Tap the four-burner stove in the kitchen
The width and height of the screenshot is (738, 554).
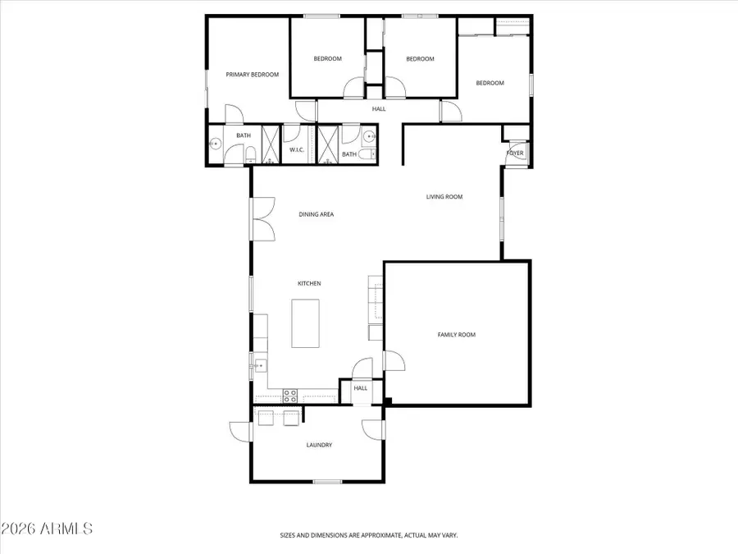click(x=290, y=396)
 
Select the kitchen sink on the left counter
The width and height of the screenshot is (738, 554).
click(x=259, y=366)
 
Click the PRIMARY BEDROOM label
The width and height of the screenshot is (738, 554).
click(x=253, y=75)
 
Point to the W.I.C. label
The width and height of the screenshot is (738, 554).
click(x=297, y=150)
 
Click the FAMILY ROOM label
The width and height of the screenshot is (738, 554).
click(x=456, y=335)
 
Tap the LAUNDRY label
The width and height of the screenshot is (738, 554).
click(x=319, y=445)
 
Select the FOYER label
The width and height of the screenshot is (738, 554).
click(x=515, y=153)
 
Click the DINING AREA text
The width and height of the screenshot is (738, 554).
click(x=316, y=214)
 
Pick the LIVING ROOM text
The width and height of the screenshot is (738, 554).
click(x=444, y=197)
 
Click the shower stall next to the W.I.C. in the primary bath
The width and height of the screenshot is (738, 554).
click(x=271, y=144)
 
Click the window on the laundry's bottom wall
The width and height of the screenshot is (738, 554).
click(x=327, y=482)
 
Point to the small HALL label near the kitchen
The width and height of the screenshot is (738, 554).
click(x=361, y=388)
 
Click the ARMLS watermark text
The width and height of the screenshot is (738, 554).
click(x=47, y=528)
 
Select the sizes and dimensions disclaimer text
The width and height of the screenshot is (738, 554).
click(x=368, y=534)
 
